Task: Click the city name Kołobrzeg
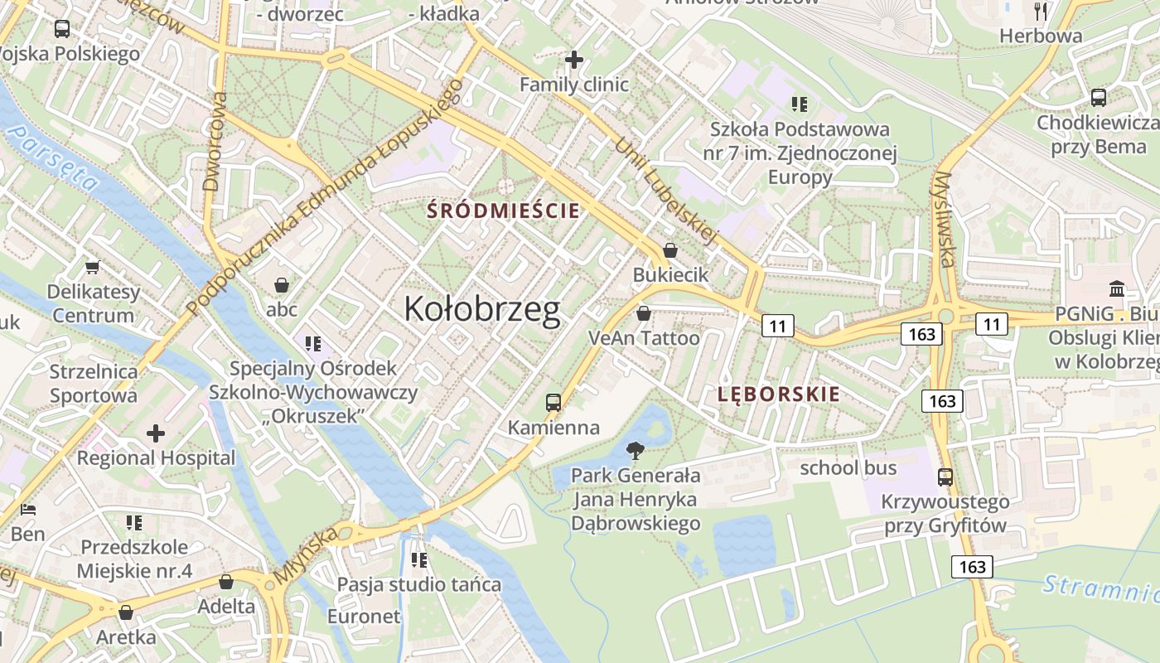(482, 309)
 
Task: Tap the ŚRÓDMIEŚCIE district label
(503, 211)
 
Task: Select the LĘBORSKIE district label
(778, 394)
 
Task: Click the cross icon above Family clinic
(573, 60)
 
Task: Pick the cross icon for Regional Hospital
(156, 433)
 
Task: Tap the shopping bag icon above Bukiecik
(670, 249)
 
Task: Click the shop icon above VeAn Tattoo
(643, 313)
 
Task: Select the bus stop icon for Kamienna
(553, 403)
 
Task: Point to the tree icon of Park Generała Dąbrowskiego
(636, 451)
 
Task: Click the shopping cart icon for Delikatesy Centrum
(93, 267)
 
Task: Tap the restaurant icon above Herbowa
(1041, 11)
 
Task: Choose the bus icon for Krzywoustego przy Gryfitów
(945, 477)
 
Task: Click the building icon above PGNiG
(1117, 289)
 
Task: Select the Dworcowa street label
(215, 142)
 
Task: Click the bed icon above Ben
(28, 509)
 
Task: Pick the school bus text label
(848, 467)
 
